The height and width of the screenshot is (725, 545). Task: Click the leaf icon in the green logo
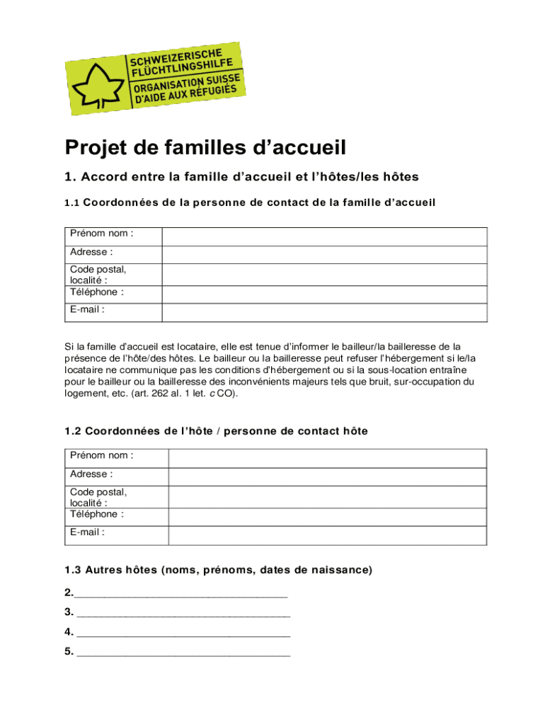coord(96,84)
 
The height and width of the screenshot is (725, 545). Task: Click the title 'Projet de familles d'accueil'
coord(205,148)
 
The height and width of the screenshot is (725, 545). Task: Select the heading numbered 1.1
coord(250,202)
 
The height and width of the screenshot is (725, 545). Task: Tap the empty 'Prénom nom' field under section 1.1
coord(324,236)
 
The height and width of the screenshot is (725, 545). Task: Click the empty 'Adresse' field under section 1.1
coord(324,255)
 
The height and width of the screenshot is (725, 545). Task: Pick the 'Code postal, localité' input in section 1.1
coord(324,275)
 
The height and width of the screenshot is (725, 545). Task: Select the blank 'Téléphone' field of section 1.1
coord(324,295)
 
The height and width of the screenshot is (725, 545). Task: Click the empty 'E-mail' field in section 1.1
coord(324,312)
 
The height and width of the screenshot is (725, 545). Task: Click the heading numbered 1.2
coord(216,431)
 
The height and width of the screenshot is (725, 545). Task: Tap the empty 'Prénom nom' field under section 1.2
coord(327,458)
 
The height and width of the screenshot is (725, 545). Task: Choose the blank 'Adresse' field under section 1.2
coord(327,476)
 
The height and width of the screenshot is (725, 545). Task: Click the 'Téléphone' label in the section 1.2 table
coord(97,514)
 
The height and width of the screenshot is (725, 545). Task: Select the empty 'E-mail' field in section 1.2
coord(327,536)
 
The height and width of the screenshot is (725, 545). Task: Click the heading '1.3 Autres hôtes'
coord(218,570)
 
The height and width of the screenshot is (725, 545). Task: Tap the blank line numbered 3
coord(183,612)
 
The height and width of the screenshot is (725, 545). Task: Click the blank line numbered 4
coord(183,632)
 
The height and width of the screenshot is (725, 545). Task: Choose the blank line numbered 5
coord(183,652)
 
